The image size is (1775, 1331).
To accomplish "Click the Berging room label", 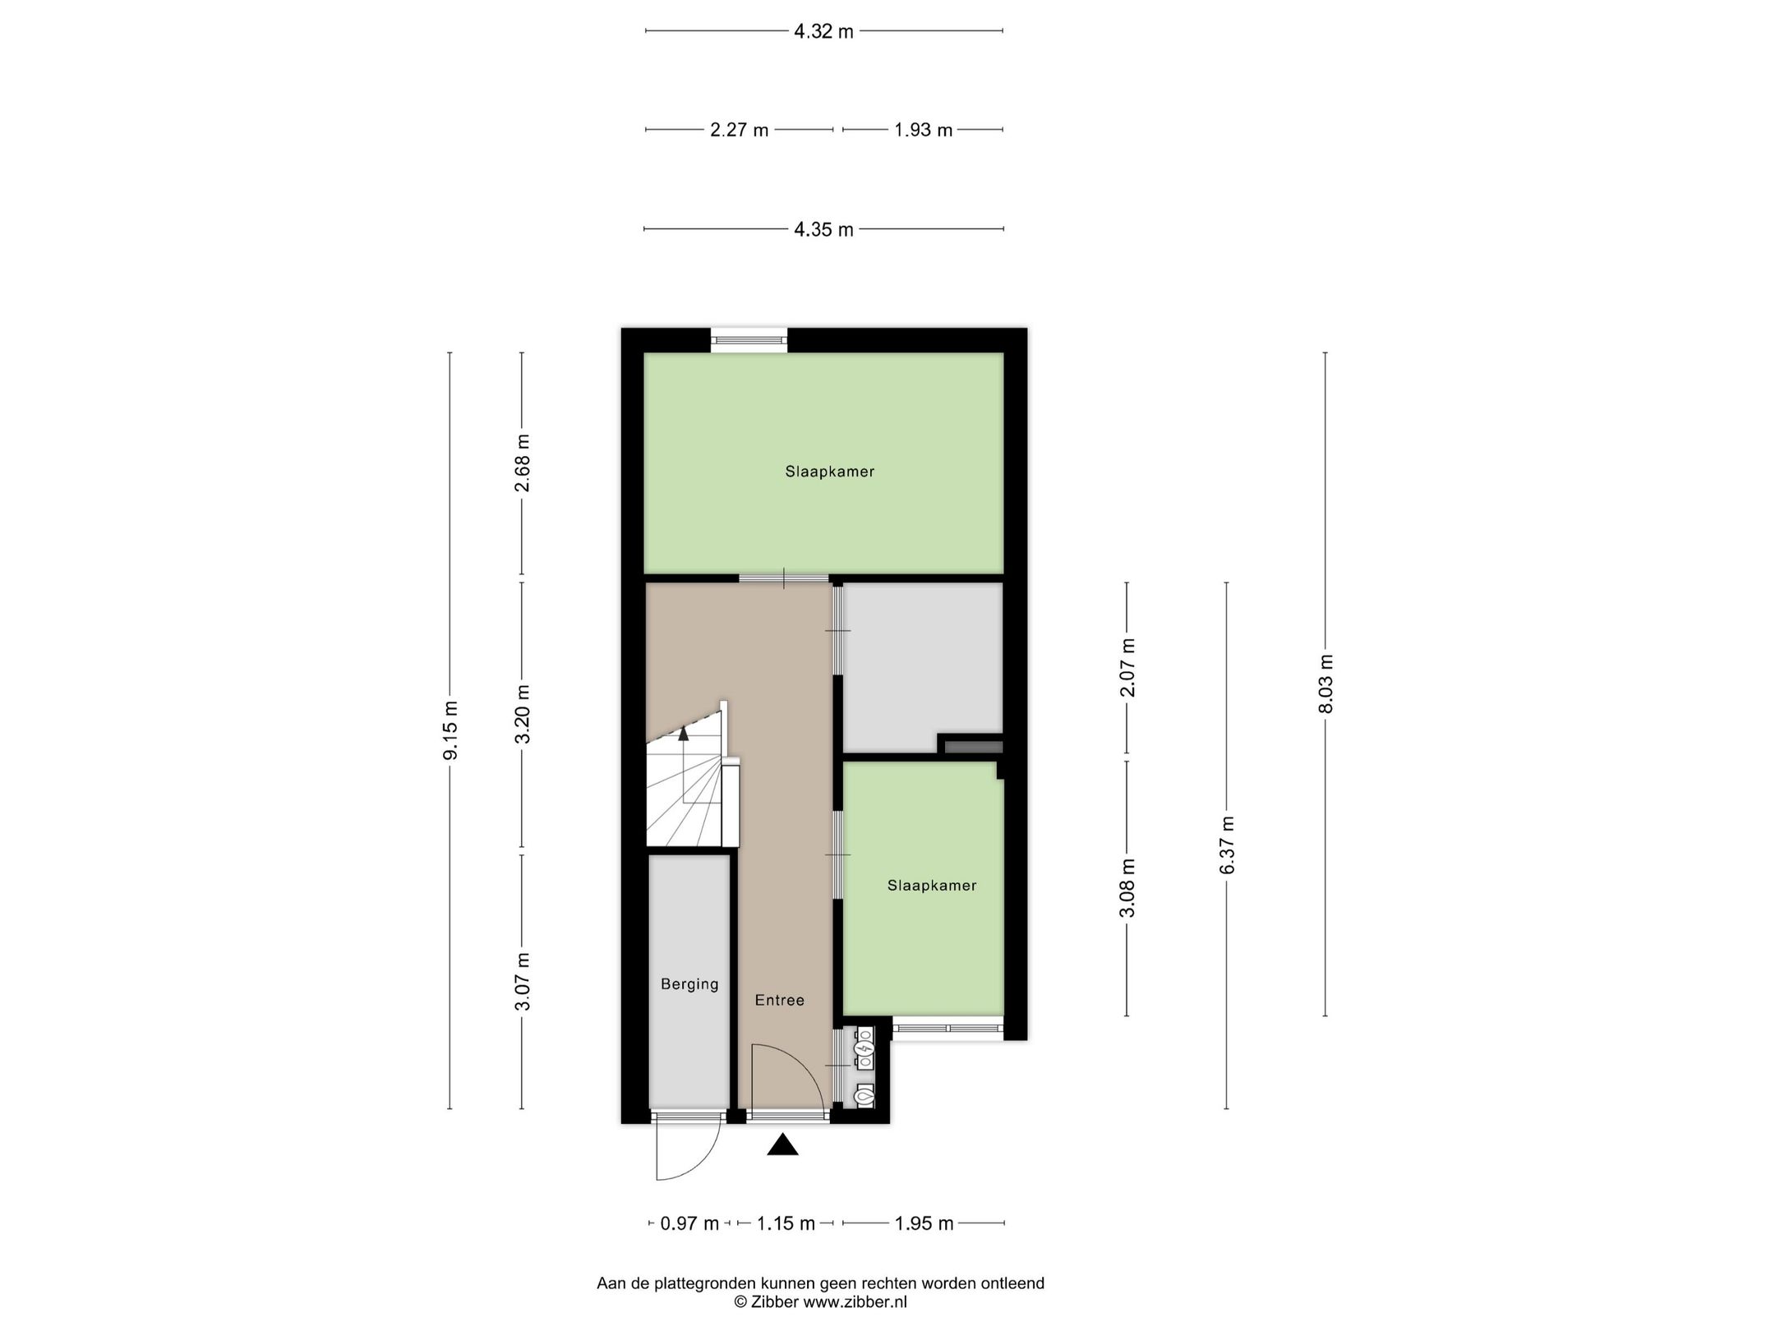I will click(x=689, y=983).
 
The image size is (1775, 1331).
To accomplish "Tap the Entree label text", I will click(x=780, y=1000).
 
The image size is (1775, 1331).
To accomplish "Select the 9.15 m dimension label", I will click(x=450, y=730).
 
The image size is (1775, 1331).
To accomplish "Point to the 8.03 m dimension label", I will click(x=1325, y=684).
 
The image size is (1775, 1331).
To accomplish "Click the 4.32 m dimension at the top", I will click(x=823, y=32).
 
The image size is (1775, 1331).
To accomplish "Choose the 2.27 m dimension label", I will click(x=740, y=130).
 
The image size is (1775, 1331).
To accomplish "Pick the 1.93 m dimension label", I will click(x=924, y=130).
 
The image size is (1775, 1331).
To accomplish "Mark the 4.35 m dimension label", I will click(x=823, y=229).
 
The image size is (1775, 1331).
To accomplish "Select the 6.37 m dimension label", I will click(x=1228, y=845).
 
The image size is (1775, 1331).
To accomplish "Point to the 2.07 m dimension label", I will click(x=1127, y=667).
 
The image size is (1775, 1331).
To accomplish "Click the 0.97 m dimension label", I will click(x=690, y=1246).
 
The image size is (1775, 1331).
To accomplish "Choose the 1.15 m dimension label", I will click(x=786, y=1246).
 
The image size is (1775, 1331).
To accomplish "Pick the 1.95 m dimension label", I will click(x=924, y=1246).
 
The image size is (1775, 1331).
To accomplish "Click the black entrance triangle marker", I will click(x=783, y=1145).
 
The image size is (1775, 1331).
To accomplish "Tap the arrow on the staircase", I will click(x=683, y=734).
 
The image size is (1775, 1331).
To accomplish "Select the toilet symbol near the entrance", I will click(x=864, y=1095).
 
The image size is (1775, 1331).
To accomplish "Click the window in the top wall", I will click(x=749, y=339).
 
